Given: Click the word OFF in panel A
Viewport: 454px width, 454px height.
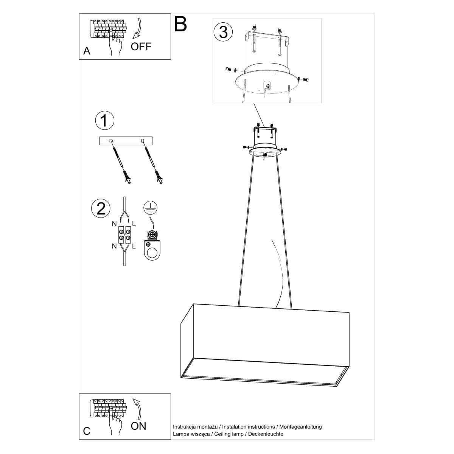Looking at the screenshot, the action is (x=141, y=47).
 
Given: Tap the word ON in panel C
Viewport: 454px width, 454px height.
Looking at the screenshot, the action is (x=138, y=426).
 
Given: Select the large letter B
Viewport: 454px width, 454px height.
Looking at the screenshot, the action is (x=180, y=24).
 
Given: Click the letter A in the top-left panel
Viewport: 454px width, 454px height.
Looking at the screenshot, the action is (x=87, y=51).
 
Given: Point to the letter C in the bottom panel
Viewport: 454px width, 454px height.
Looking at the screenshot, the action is (x=87, y=431).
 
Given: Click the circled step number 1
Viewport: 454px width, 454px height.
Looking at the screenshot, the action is (x=104, y=120).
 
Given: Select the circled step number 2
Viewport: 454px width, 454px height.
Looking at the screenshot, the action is (x=101, y=208).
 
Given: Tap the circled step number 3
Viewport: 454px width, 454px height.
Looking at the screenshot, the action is (x=223, y=32).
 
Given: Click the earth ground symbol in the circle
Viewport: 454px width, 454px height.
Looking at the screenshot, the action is (x=151, y=208).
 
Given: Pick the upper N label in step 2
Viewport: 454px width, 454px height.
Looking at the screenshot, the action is (x=114, y=224).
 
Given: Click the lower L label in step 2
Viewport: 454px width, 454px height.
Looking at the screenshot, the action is (x=134, y=246).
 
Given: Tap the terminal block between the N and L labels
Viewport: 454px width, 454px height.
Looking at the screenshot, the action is (x=124, y=235).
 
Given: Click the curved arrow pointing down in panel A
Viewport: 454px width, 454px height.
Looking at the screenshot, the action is (x=137, y=28).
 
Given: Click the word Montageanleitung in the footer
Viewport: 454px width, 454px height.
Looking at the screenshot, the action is (x=300, y=427).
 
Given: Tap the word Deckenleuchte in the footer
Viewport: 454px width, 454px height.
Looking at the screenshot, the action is (x=266, y=434).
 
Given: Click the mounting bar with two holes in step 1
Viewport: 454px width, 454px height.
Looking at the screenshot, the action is (x=126, y=141).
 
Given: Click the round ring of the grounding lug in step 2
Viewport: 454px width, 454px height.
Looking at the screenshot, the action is (x=152, y=254).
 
